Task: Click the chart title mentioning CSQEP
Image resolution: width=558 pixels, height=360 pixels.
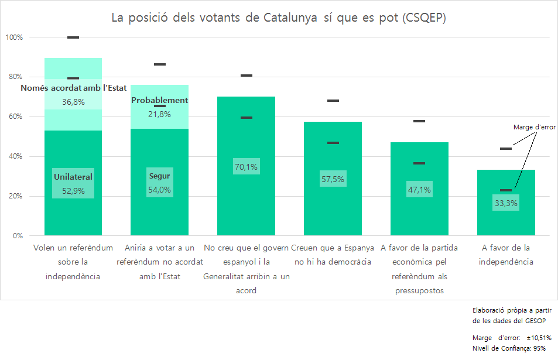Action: [279, 18]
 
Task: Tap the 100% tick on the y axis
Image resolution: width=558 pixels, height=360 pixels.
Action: [14, 37]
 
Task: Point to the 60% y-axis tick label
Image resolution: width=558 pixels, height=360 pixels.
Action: [15, 116]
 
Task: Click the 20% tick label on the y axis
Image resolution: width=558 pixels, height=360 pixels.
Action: [15, 196]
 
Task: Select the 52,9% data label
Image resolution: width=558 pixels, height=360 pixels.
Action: [73, 190]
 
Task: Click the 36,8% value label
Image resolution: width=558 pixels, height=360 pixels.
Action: [73, 102]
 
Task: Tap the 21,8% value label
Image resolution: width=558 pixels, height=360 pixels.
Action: [159, 114]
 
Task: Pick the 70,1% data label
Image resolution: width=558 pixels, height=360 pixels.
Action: [246, 167]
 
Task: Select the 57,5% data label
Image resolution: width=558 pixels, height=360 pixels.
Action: [333, 179]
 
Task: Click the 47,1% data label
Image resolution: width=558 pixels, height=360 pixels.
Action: [419, 190]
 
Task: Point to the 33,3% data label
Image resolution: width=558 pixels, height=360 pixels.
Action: [506, 203]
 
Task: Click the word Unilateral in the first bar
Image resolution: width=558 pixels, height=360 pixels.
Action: [73, 177]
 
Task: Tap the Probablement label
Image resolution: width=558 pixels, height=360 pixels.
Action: [159, 100]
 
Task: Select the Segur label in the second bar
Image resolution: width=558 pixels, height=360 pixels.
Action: [159, 176]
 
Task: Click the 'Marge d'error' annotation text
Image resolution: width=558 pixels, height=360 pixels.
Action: [534, 126]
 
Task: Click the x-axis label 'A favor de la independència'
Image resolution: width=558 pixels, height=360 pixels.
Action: [506, 255]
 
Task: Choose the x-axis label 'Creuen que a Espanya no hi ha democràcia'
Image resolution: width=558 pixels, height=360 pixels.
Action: [333, 255]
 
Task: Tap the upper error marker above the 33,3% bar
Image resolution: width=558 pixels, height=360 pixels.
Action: [506, 149]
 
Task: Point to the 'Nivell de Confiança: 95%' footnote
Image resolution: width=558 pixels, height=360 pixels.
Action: [509, 348]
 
